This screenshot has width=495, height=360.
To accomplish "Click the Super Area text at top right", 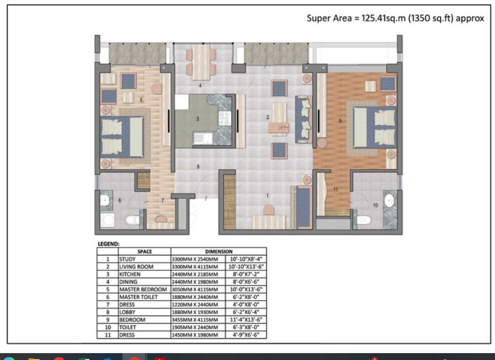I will tap(395, 19).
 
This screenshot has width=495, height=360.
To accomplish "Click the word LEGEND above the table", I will tap(109, 244).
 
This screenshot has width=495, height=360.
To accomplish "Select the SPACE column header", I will tap(144, 251).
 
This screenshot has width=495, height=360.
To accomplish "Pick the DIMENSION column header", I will tap(219, 251).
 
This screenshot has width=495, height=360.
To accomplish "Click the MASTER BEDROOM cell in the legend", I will tap(143, 289).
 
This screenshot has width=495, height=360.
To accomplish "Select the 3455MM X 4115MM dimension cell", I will tap(195, 320).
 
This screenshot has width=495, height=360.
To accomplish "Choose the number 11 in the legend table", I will tap(107, 335).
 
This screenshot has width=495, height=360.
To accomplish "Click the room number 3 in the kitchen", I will tap(198, 119).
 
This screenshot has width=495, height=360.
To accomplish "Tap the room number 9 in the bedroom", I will tap(340, 120).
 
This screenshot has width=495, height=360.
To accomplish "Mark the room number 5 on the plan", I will tap(141, 99).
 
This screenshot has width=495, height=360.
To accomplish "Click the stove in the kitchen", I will tap(224, 118).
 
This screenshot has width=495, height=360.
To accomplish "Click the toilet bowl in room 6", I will tap(132, 220).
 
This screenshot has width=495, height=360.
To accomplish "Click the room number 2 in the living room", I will tap(267, 118).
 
